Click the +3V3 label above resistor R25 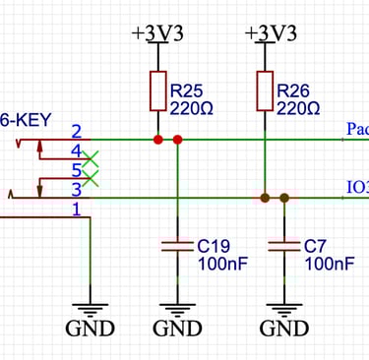click(x=157, y=32)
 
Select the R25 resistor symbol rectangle click(x=157, y=90)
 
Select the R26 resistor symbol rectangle click(x=265, y=90)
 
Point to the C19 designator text click(x=214, y=246)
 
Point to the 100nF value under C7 click(x=323, y=265)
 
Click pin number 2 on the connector click(x=76, y=131)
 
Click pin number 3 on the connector click(x=76, y=189)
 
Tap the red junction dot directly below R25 click(x=157, y=140)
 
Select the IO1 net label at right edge click(x=356, y=187)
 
